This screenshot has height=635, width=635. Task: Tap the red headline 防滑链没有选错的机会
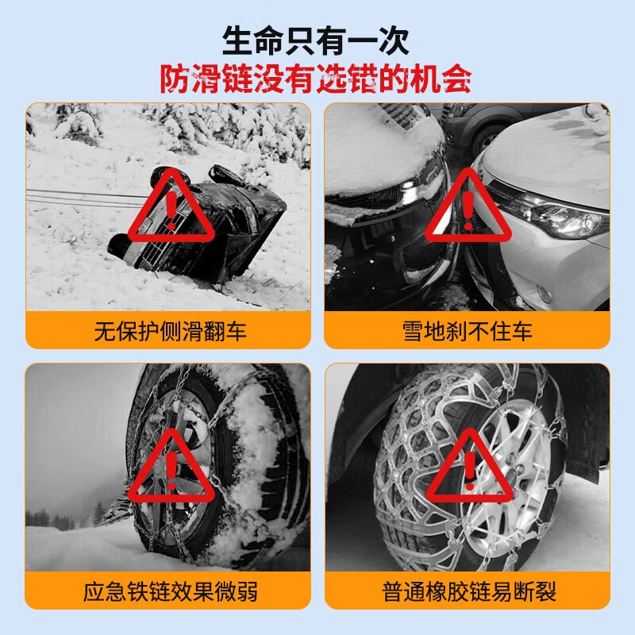[x=317, y=79]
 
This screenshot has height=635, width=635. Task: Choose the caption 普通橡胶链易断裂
[x=467, y=591]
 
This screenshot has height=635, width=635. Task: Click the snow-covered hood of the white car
[x=548, y=159]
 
